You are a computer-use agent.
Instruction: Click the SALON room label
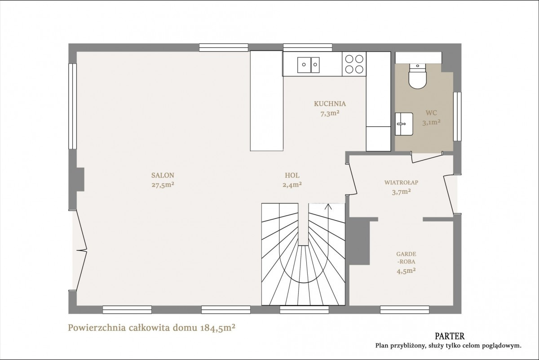[163, 175]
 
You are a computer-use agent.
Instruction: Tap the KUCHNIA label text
[330, 104]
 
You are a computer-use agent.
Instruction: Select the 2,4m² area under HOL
[292, 185]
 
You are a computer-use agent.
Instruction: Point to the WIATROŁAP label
[401, 182]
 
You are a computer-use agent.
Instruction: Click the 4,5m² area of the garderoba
[406, 271]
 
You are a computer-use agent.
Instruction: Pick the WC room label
[431, 113]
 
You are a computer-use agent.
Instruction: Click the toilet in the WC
[417, 76]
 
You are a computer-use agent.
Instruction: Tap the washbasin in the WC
[404, 124]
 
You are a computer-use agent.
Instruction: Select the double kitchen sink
[308, 65]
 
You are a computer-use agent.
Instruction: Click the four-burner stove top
[354, 64]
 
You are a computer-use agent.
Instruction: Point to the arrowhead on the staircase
[328, 206]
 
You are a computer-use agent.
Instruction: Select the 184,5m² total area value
[217, 328]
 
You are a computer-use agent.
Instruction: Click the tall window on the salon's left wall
[72, 106]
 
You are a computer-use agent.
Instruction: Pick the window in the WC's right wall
[457, 116]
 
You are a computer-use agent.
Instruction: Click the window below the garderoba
[405, 310]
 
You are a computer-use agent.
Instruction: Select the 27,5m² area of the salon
[163, 185]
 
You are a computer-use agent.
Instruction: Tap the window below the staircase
[304, 310]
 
